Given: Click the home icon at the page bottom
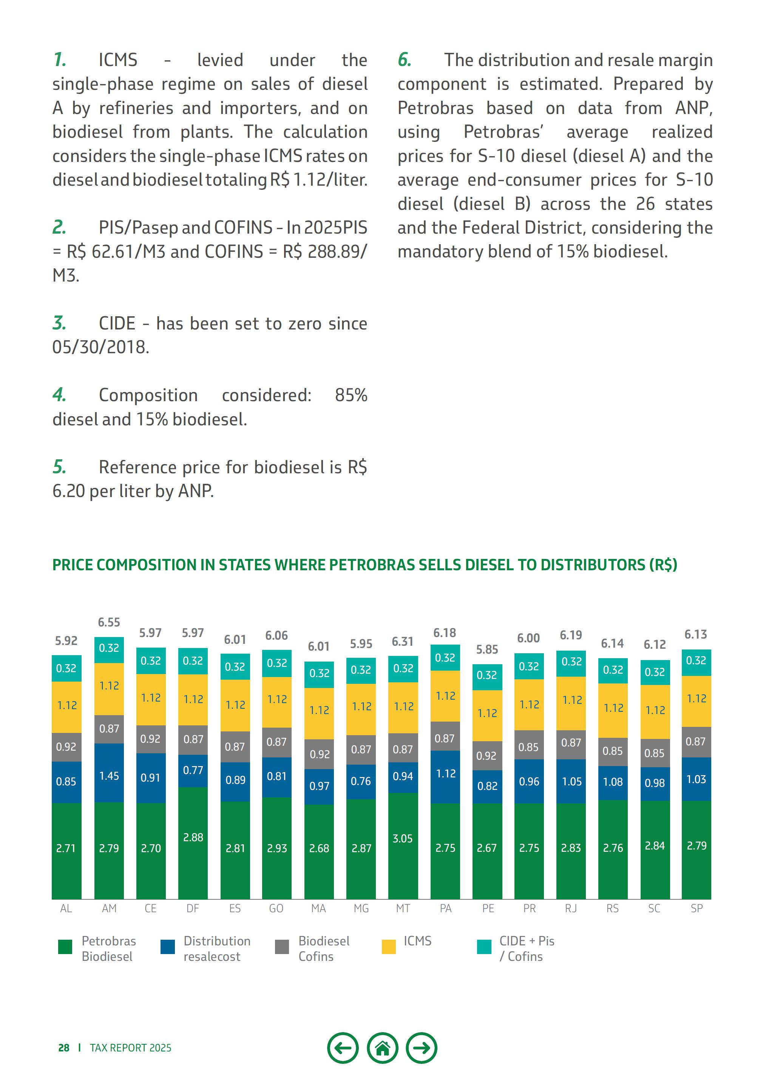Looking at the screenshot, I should point(382,1048).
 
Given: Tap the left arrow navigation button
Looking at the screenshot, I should point(343,1048).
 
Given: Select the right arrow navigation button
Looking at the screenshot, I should point(422,1048).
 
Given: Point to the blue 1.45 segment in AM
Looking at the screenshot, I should point(109,776).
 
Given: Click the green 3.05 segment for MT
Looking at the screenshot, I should point(403,838).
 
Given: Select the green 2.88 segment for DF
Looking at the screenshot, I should point(193,837).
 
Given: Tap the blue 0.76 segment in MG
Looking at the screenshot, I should point(361,781).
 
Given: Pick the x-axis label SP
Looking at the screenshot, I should point(697,908).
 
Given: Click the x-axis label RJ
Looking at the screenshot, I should point(571,908).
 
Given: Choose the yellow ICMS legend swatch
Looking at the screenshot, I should point(389,947).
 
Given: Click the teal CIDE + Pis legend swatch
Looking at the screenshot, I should point(484,947).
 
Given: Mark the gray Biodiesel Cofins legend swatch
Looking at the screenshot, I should point(281,947).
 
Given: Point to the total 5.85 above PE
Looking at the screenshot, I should point(487,650).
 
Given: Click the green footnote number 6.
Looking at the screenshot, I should point(404,60).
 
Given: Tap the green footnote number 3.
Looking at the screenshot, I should point(59,323).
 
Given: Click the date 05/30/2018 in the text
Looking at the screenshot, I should point(100,347).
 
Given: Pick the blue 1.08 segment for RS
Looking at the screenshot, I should point(613,782).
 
